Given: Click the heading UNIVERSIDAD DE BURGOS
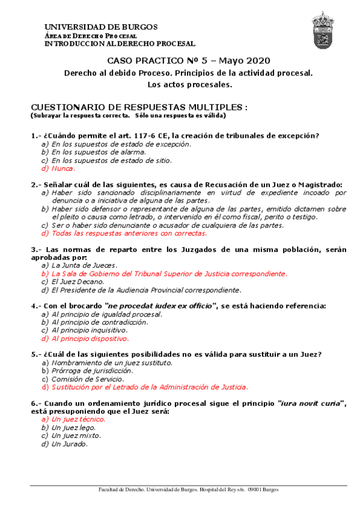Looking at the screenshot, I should click(101, 27).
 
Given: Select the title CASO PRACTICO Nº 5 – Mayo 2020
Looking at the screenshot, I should click(188, 61).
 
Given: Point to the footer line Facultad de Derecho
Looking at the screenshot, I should click(188, 490).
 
